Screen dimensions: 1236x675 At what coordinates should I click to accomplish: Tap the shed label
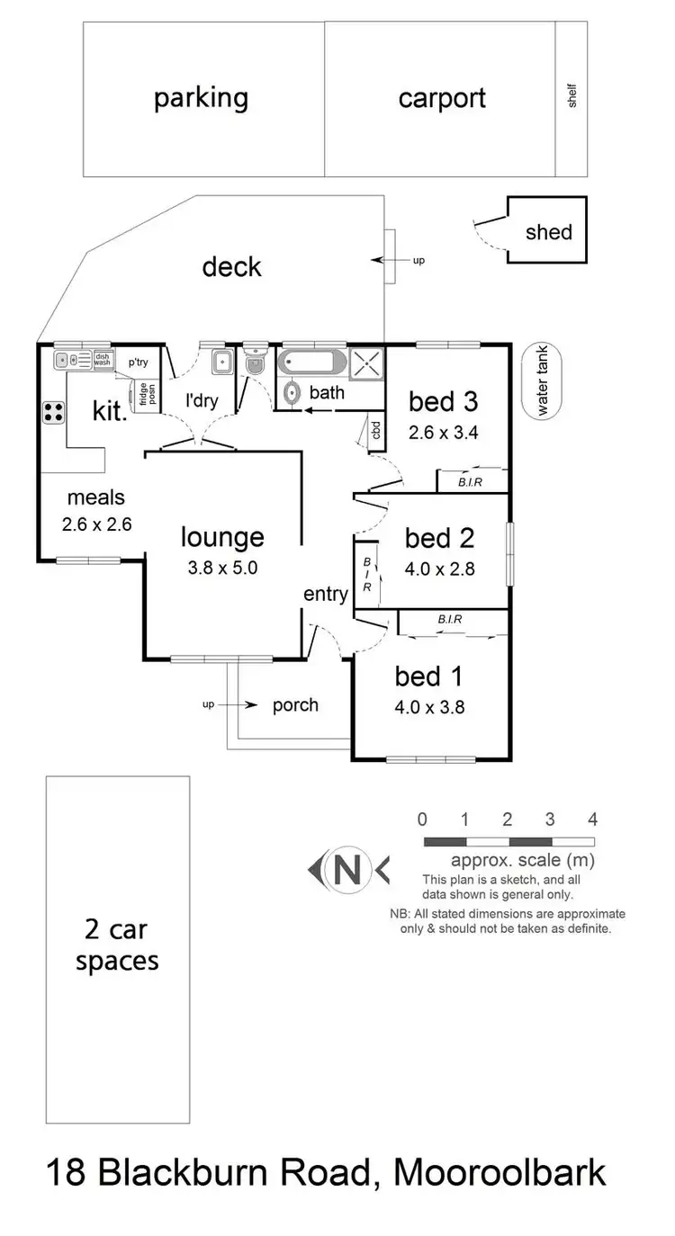(x=548, y=232)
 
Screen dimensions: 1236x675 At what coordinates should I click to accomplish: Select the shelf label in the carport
(x=571, y=97)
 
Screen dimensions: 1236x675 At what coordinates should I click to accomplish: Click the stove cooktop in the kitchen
(x=53, y=413)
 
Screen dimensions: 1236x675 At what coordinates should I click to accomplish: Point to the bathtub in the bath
(x=311, y=363)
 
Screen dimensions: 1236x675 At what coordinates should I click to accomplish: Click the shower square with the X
(x=365, y=363)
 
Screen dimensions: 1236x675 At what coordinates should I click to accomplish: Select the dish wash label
(x=102, y=361)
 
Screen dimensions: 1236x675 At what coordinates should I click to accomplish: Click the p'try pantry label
(x=138, y=362)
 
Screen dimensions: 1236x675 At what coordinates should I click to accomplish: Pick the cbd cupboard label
(x=373, y=431)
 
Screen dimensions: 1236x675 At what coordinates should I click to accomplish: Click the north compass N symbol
(x=347, y=869)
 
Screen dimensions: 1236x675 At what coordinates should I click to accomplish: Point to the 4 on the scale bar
(x=592, y=820)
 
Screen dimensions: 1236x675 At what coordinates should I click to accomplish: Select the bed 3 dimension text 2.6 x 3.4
(x=443, y=431)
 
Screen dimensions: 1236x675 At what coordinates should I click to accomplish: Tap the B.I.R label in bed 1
(x=450, y=620)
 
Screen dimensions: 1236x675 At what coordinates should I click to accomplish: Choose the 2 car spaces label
(x=117, y=945)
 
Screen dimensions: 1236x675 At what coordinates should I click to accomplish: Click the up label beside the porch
(x=208, y=704)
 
